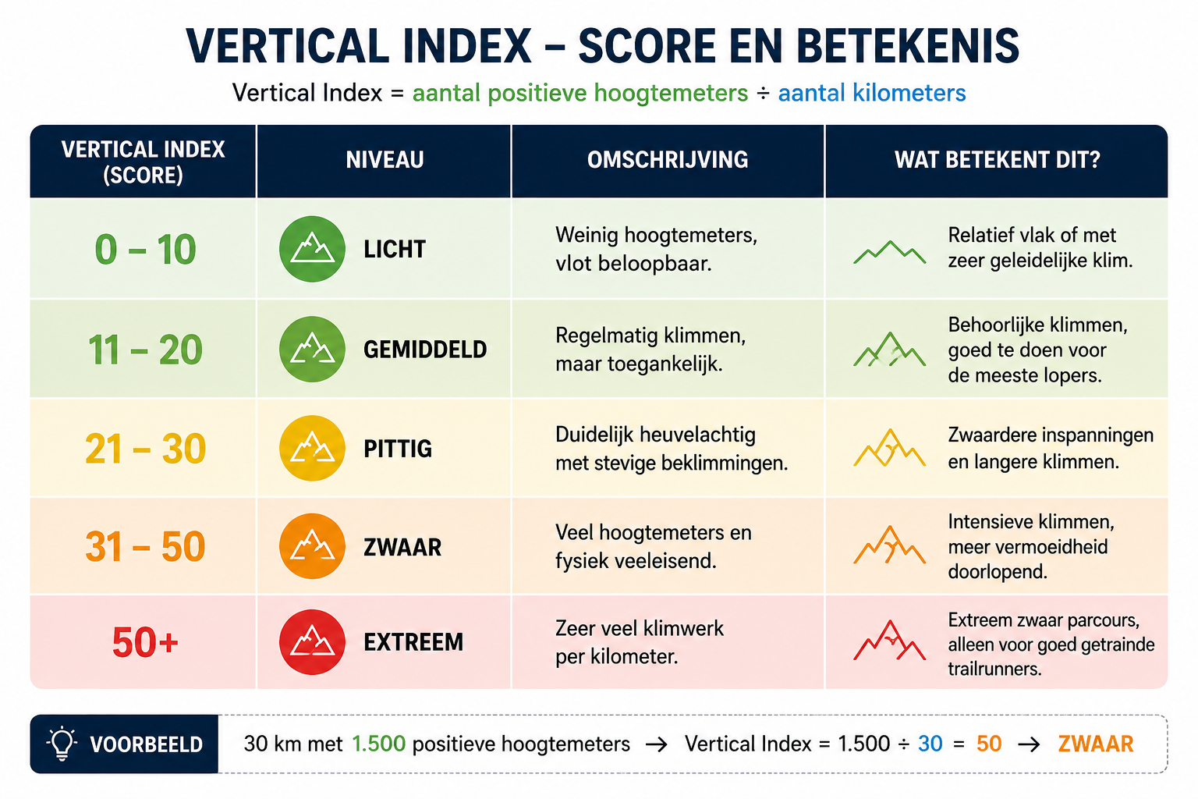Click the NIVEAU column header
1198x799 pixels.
pyautogui.click(x=385, y=160)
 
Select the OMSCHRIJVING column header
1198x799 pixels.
pyautogui.click(x=668, y=160)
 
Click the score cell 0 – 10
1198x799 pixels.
pyautogui.click(x=146, y=250)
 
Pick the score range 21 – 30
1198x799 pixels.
pyautogui.click(x=146, y=449)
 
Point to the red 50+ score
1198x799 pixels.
pyautogui.click(x=145, y=641)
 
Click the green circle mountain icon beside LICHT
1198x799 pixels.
pyautogui.click(x=312, y=249)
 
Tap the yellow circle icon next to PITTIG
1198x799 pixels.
pyautogui.click(x=312, y=449)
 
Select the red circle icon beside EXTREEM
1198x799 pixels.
pyautogui.click(x=312, y=641)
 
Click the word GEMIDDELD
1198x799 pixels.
pyautogui.click(x=425, y=350)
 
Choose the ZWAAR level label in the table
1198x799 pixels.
pyautogui.click(x=402, y=548)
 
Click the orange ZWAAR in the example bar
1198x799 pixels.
pyautogui.click(x=1096, y=744)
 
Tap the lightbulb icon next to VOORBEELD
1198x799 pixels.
pyautogui.click(x=62, y=744)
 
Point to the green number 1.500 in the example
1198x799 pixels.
pyautogui.click(x=378, y=744)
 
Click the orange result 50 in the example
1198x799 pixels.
pyautogui.click(x=989, y=744)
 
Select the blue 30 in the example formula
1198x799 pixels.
pyautogui.click(x=930, y=744)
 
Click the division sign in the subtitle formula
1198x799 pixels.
pyautogui.click(x=764, y=94)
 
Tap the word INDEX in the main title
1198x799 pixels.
pyautogui.click(x=467, y=46)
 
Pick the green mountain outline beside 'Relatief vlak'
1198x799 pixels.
pyautogui.click(x=889, y=252)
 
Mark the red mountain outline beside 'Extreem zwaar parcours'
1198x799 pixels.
pyautogui.click(x=889, y=640)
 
